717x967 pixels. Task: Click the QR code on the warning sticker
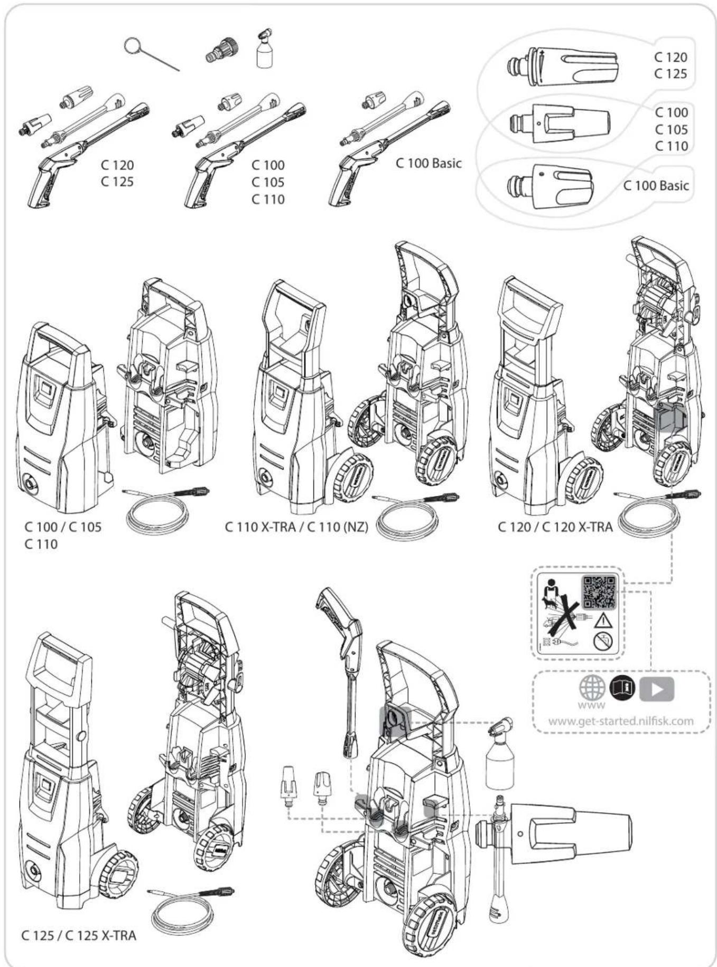[599, 591]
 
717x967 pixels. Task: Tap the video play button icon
[657, 688]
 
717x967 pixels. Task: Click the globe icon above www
[591, 688]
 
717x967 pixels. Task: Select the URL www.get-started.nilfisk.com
[621, 721]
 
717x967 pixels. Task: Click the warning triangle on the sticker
[602, 620]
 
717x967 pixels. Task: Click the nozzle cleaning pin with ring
[148, 54]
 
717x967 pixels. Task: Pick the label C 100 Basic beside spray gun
[428, 163]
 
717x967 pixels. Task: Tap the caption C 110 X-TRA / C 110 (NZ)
[296, 527]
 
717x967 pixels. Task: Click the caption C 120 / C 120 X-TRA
[555, 527]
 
